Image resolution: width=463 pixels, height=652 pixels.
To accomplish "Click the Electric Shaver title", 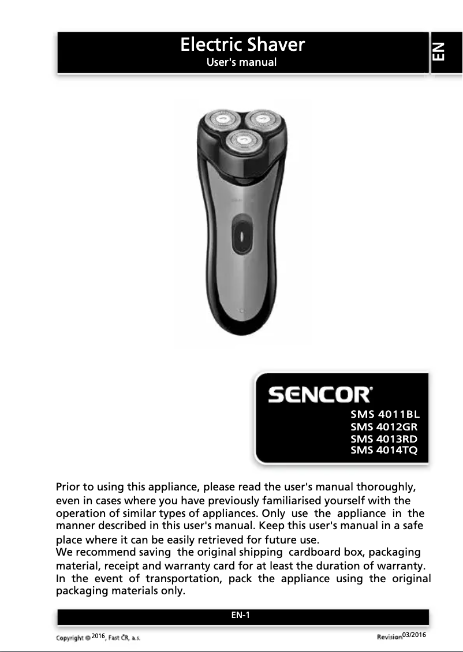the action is pos(242,44).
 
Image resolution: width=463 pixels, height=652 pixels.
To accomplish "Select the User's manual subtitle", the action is pos(242,62).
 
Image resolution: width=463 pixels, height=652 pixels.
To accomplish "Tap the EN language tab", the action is pos(439,51).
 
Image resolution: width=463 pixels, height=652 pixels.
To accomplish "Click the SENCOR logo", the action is pos(320,395).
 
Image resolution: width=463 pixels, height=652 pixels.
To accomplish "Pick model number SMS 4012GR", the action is pos(384,428).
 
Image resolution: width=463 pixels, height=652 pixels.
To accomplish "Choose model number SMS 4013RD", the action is pos(384,439).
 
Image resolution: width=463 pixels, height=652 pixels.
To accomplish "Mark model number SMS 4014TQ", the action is pos(384,450).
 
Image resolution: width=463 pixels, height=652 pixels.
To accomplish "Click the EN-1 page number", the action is pos(240,615).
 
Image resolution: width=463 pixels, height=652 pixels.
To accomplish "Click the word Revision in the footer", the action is pos(389,637).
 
